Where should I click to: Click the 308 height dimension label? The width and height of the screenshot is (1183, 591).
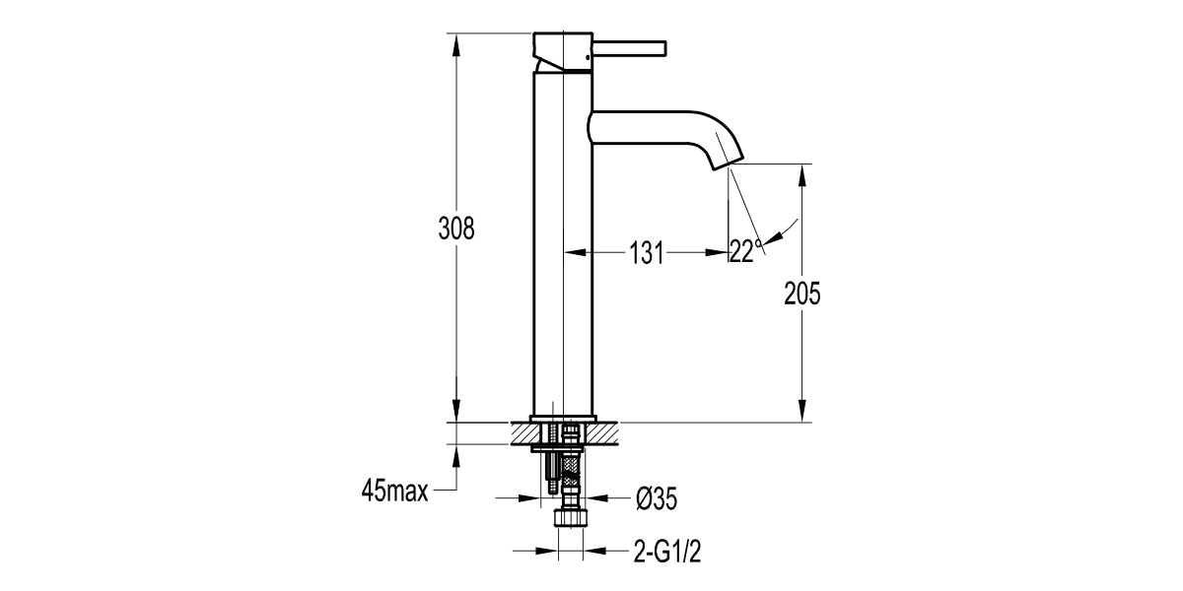(x=456, y=229)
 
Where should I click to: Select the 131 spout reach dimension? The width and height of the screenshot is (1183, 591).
(x=646, y=253)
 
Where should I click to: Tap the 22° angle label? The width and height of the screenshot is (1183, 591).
(x=746, y=251)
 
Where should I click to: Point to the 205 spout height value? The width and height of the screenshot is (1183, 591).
(x=803, y=293)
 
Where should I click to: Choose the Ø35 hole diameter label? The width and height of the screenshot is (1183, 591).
(x=656, y=499)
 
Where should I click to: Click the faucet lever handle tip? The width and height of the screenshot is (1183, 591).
(x=664, y=46)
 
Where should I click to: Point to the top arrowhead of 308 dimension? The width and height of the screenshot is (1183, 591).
(x=456, y=44)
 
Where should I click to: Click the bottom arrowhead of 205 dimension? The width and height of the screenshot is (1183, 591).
(x=803, y=413)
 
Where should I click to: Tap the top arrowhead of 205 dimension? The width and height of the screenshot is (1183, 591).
(x=803, y=174)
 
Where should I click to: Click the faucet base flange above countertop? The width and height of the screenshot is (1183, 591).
(x=563, y=417)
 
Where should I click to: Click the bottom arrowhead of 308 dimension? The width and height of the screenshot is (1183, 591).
(x=456, y=412)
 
